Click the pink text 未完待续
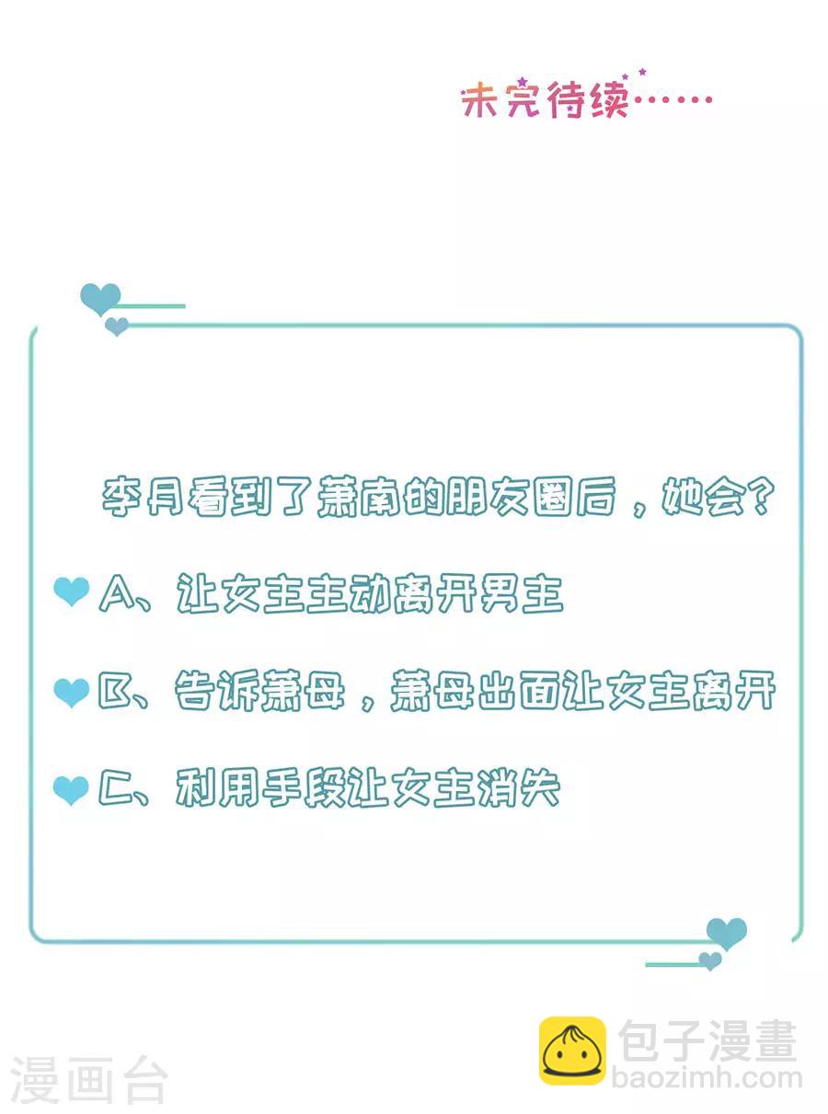(546, 100)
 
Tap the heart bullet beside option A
(72, 591)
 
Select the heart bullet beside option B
(72, 693)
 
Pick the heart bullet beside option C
(71, 790)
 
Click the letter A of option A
(117, 593)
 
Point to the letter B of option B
(114, 692)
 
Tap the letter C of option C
(115, 788)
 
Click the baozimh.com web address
(707, 1078)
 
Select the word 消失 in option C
(519, 788)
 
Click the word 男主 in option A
(521, 593)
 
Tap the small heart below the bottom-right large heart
(710, 960)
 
